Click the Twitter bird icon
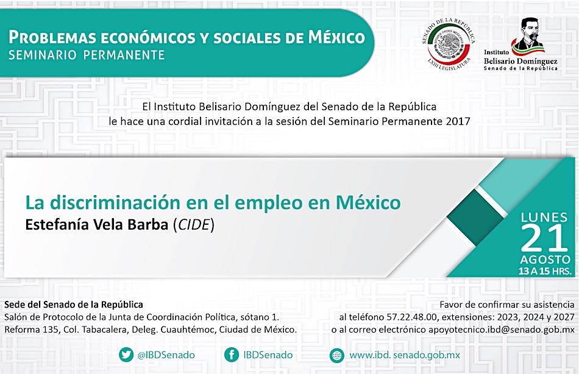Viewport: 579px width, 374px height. pyautogui.click(x=126, y=355)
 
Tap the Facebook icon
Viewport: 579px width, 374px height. pyautogui.click(x=231, y=355)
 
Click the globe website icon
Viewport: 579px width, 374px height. pyautogui.click(x=336, y=356)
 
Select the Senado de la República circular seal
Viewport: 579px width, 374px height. pyautogui.click(x=449, y=44)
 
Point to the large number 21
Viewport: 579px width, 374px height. pyautogui.click(x=544, y=239)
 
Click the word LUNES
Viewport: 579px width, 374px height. pyautogui.click(x=544, y=217)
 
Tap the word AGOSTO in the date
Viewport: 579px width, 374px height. pyautogui.click(x=545, y=259)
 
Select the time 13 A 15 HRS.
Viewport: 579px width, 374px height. pyautogui.click(x=545, y=271)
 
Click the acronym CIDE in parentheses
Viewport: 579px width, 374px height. pyautogui.click(x=194, y=225)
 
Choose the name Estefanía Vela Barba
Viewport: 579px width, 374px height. pyautogui.click(x=97, y=225)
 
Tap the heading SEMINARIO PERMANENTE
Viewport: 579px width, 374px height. pyautogui.click(x=87, y=55)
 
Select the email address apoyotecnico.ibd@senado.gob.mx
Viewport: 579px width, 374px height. pyautogui.click(x=502, y=330)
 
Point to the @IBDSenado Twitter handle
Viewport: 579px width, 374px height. pyautogui.click(x=166, y=355)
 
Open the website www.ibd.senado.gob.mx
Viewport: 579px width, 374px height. pyautogui.click(x=405, y=356)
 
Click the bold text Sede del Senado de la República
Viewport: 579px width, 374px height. pyautogui.click(x=74, y=305)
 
